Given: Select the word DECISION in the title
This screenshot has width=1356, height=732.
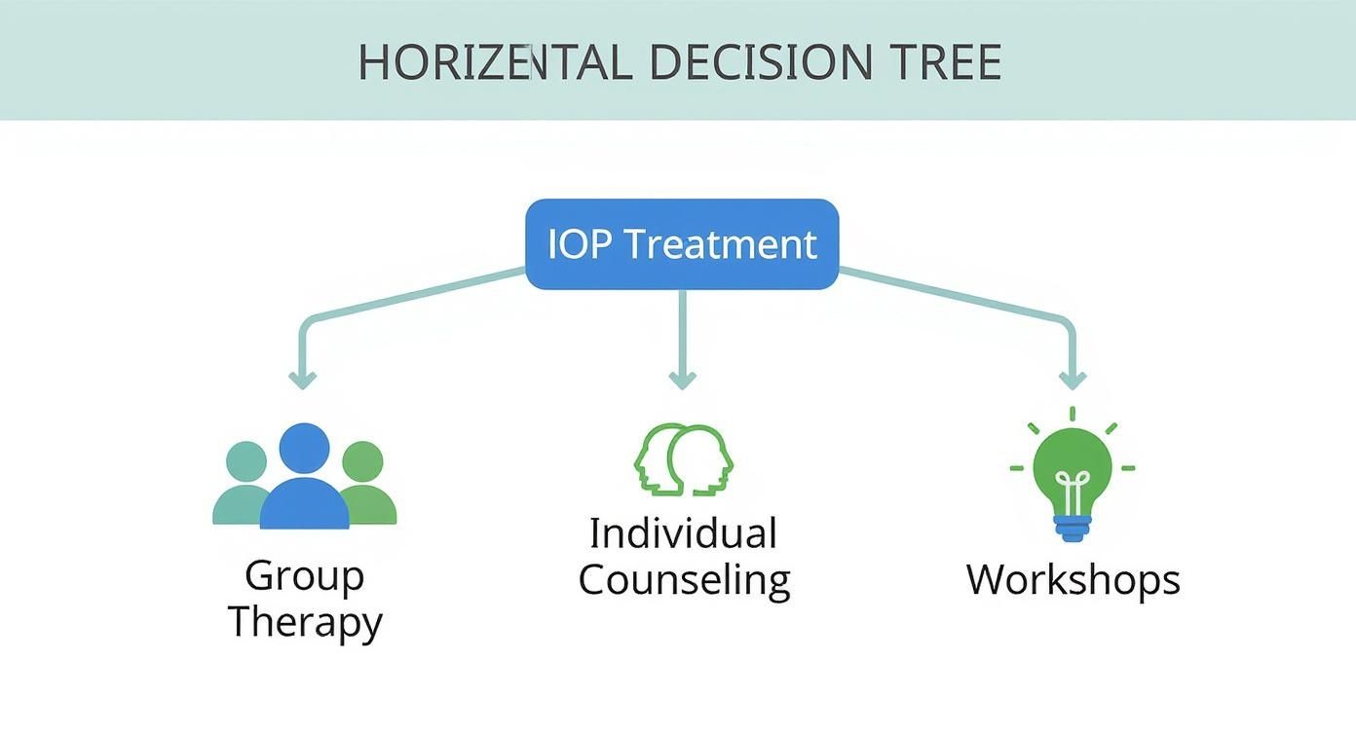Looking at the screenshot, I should pos(760,63).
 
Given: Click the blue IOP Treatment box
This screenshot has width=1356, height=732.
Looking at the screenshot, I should pos(682,244).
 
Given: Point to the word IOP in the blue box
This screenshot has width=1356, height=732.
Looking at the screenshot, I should pos(580,243).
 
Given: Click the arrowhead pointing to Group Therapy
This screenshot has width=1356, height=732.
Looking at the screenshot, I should pos(302,379).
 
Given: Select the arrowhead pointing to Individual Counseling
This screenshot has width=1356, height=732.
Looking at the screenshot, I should pos(682,379).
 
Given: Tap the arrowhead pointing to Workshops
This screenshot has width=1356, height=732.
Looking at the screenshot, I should pos(1073,379).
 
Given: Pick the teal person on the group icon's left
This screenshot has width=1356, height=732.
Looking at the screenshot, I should pos(243,484).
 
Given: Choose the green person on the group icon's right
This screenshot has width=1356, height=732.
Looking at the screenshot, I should pos(365,484).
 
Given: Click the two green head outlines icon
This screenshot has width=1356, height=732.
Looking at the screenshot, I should pos(683,458).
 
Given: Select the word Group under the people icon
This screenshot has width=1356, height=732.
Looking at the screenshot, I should pos(304,576).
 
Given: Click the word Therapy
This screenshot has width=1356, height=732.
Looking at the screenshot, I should pos(305,622).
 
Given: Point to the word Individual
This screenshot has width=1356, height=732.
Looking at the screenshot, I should pos(683,533).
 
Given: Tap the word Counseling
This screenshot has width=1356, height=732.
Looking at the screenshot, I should pos(684,580).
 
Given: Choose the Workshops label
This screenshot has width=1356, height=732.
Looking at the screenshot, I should pos(1073,580).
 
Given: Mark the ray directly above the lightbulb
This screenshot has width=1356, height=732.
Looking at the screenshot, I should pos(1072,414).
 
